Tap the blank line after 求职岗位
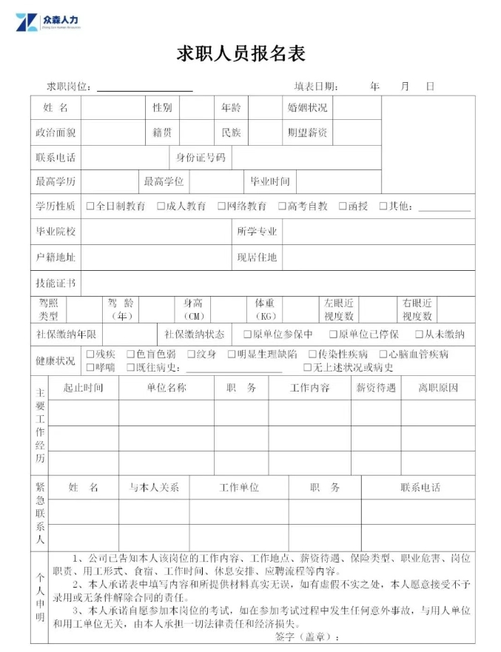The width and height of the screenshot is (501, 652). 144,88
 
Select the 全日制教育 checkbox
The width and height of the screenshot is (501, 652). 90,206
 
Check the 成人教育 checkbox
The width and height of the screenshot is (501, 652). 161,206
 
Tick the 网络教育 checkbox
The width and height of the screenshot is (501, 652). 221,206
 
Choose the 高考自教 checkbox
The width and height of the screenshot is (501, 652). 282,206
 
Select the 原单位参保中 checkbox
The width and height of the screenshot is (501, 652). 237,335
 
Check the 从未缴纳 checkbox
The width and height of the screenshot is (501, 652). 419,335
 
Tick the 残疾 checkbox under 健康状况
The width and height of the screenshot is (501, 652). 90,354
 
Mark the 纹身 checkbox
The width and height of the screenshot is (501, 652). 191,354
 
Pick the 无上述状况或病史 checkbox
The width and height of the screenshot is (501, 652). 307,368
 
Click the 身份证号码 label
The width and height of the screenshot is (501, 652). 200,158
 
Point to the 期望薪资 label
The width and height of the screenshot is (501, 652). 307,133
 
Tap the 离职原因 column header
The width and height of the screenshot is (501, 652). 438,388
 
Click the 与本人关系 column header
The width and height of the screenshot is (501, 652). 154,488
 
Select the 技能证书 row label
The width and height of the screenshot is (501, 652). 56,283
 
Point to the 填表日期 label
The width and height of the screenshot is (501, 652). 316,87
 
